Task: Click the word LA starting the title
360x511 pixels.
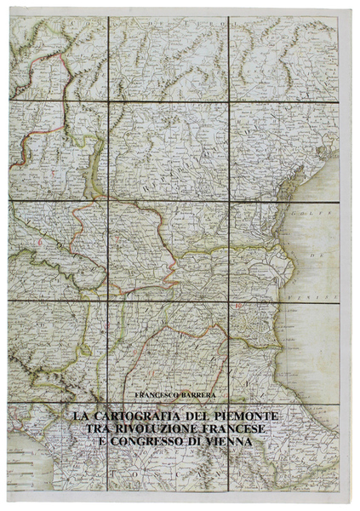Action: (81, 415)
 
